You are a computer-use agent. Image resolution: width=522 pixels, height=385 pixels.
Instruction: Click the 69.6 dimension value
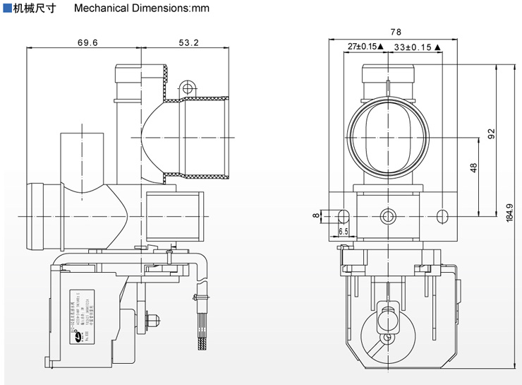[x=87, y=42]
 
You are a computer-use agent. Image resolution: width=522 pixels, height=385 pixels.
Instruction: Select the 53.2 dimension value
[x=188, y=42]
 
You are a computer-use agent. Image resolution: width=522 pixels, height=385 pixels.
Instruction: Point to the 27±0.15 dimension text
[x=363, y=47]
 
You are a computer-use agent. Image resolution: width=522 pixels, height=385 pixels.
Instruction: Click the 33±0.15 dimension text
[x=415, y=47]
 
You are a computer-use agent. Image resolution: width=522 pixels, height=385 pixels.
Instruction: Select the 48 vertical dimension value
[x=473, y=167]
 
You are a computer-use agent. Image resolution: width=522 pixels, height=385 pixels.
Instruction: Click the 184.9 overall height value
[x=510, y=214]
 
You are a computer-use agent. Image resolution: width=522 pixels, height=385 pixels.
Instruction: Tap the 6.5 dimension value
[x=344, y=231]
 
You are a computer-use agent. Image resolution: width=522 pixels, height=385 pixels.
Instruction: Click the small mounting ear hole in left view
[x=187, y=88]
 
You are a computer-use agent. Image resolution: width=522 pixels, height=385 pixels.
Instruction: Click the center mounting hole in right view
[x=386, y=215]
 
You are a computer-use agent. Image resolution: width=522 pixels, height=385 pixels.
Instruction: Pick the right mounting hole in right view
[x=442, y=215]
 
